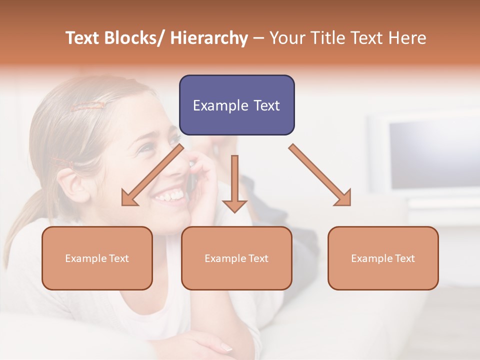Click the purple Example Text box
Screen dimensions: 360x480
pyautogui.click(x=236, y=105)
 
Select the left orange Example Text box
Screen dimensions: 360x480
pyautogui.click(x=97, y=258)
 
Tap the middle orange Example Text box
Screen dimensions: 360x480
pyautogui.click(x=236, y=258)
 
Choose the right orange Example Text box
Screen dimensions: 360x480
pyautogui.click(x=383, y=258)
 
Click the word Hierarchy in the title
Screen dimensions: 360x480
pyautogui.click(x=209, y=38)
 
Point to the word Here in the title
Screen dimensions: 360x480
pyautogui.click(x=407, y=38)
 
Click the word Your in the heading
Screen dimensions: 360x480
pyautogui.click(x=287, y=38)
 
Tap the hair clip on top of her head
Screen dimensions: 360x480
pyautogui.click(x=88, y=106)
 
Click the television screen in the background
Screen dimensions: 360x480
pyautogui.click(x=430, y=155)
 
